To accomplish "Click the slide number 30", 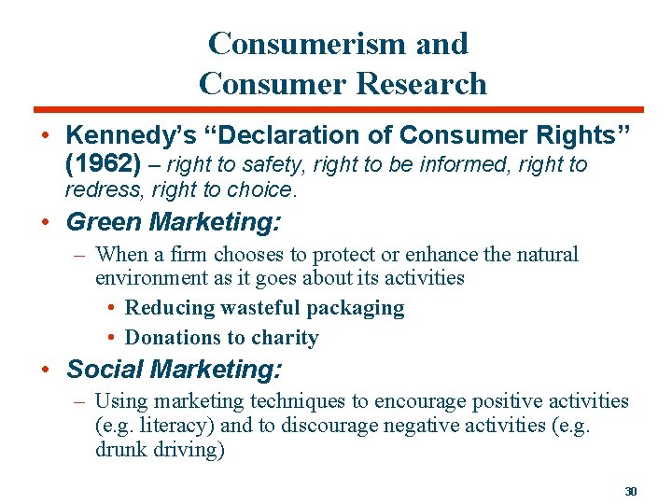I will [630, 491].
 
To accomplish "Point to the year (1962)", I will [104, 165].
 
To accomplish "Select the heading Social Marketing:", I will [173, 369].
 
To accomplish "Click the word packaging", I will [359, 308].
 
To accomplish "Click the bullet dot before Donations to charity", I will [111, 338].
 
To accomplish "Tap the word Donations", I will [169, 338].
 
